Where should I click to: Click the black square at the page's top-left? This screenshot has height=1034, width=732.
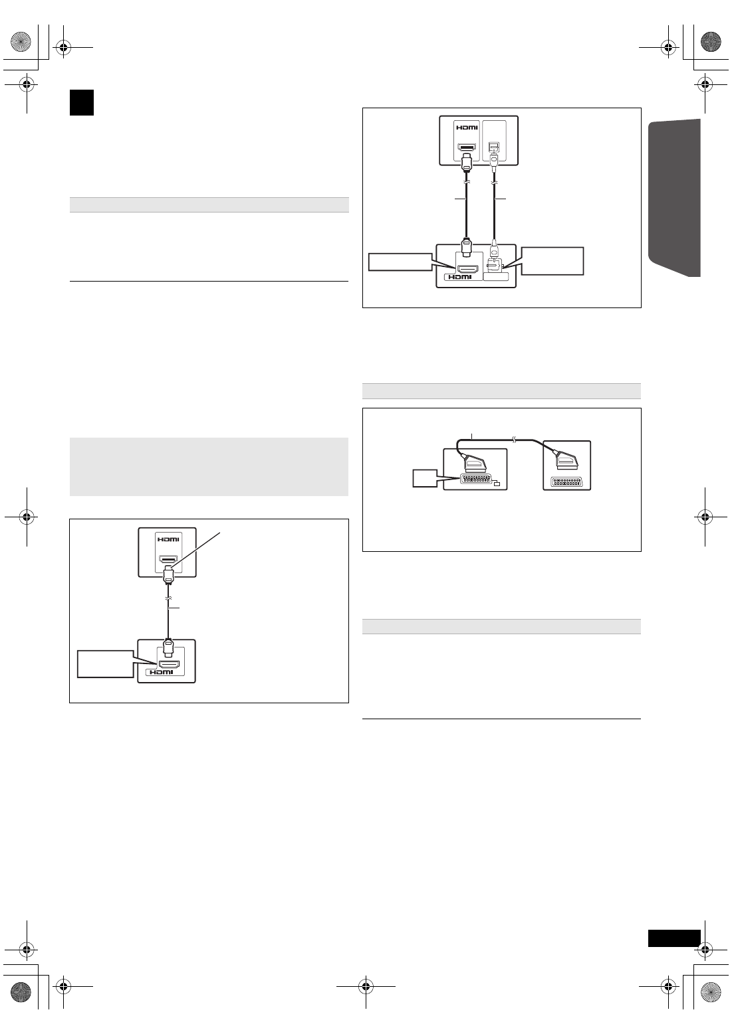coord(81,103)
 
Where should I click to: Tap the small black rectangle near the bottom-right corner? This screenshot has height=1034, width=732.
coord(674,938)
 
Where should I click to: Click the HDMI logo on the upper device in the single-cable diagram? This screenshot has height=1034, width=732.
coord(167,539)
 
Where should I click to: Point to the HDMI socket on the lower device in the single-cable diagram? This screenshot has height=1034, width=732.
coord(168,663)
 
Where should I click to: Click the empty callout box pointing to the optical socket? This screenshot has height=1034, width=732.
coord(552,261)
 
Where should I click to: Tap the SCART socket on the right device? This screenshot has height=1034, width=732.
coord(567,481)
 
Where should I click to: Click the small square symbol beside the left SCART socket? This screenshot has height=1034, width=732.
coord(495,483)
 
